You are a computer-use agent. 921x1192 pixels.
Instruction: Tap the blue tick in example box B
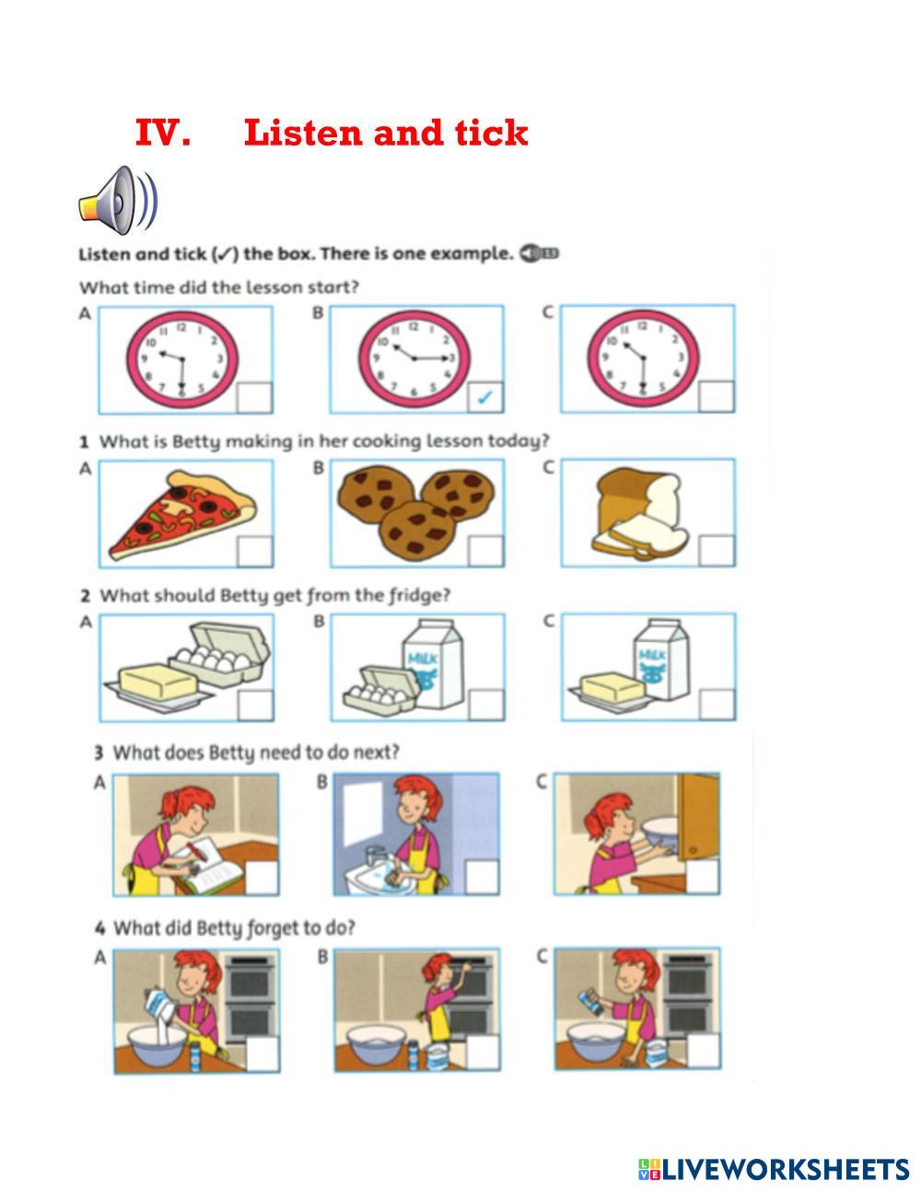485,397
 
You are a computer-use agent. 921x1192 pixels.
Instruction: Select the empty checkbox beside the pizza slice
253,551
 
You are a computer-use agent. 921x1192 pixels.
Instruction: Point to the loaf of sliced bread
641,511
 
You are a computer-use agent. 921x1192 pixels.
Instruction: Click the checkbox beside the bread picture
716,551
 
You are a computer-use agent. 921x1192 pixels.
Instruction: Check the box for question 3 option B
481,877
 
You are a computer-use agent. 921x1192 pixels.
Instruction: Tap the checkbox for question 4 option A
262,1054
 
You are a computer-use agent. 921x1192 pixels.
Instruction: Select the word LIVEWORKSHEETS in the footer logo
786,1169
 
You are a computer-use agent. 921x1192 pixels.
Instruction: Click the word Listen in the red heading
303,133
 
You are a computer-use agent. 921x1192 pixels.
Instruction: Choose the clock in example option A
181,358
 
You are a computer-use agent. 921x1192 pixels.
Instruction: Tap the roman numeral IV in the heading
163,133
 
